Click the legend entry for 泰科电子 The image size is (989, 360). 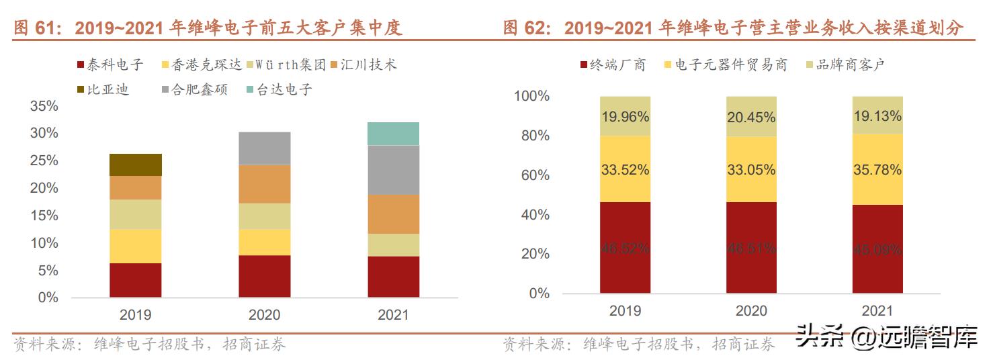click(x=110, y=64)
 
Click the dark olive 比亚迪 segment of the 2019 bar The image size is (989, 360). click(x=136, y=165)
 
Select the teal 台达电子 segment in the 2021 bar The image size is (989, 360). click(x=393, y=134)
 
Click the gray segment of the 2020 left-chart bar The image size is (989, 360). click(x=264, y=148)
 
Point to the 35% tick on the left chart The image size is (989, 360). click(x=44, y=106)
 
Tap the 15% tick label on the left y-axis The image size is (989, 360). click(x=44, y=216)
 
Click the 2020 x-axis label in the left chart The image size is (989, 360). click(x=264, y=314)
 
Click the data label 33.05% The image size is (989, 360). click(x=751, y=170)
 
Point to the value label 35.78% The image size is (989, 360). click(x=877, y=170)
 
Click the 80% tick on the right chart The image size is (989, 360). click(x=531, y=136)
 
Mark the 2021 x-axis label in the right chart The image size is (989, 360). click(x=877, y=310)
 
